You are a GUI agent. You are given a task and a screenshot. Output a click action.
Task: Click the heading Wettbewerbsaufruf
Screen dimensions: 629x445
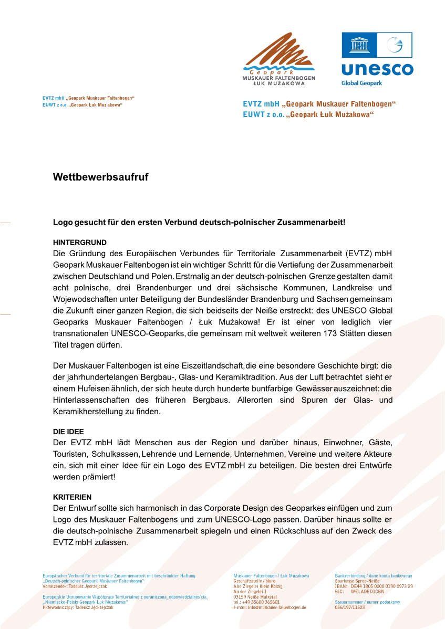(100, 177)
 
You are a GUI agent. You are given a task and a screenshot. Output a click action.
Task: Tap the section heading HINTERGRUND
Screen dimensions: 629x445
(79, 243)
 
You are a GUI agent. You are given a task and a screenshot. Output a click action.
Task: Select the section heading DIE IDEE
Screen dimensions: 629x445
(68, 432)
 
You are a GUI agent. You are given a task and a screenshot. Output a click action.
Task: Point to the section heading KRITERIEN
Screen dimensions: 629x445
(72, 497)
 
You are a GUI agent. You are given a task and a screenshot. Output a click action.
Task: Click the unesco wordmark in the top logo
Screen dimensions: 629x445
(377, 69)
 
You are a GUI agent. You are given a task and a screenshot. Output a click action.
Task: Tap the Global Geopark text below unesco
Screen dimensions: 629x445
(361, 83)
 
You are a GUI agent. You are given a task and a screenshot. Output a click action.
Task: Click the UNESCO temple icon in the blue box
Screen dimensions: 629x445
(359, 45)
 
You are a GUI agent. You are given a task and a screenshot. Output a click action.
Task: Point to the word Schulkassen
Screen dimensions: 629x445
(115, 453)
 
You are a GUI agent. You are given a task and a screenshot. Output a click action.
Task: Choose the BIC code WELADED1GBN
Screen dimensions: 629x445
(370, 591)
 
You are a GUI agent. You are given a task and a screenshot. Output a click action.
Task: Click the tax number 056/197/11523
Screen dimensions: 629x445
(349, 607)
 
